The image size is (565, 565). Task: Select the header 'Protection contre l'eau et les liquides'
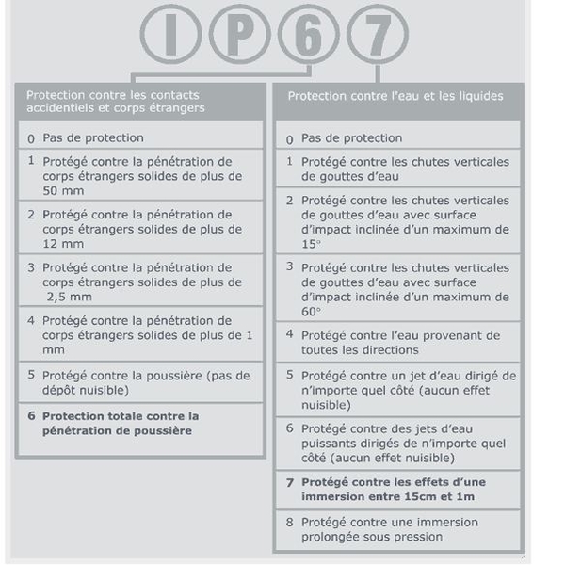pos(395,96)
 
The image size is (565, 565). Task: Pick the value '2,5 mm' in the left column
pos(67,296)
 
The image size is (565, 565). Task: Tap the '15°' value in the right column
pos(312,243)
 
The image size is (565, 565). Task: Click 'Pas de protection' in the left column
pos(92,138)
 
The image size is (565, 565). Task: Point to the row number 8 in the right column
pos(291,522)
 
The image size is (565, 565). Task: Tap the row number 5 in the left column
pos(32,375)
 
